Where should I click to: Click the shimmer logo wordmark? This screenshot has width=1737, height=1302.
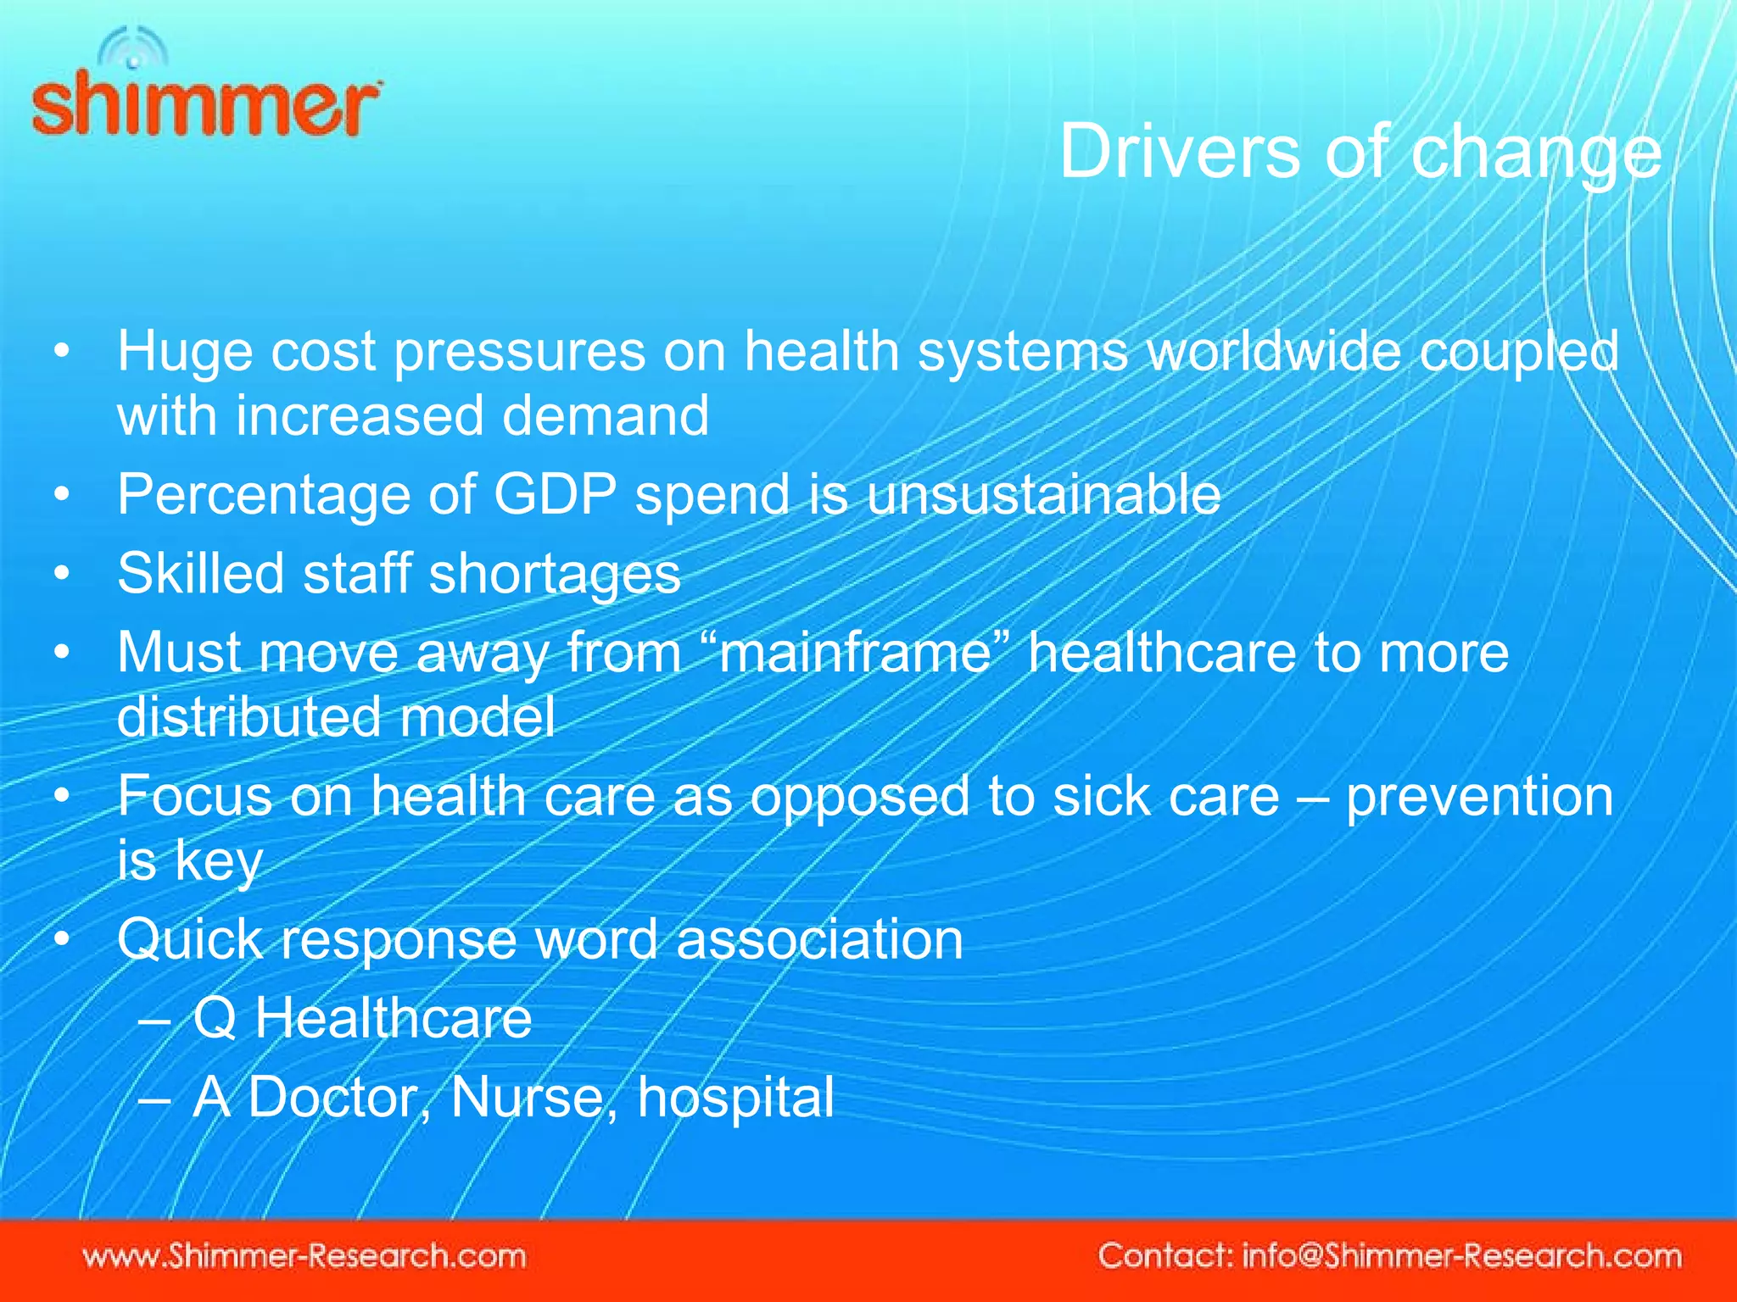tap(206, 105)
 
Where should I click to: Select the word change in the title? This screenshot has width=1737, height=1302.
tap(1536, 154)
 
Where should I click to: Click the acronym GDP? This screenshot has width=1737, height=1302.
tap(555, 494)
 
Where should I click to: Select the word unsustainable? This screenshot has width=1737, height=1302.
tap(1043, 494)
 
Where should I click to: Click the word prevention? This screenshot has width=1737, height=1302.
tap(1479, 797)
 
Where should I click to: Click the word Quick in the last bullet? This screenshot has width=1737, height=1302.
tap(190, 940)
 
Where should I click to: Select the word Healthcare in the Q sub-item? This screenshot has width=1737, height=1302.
tap(393, 1018)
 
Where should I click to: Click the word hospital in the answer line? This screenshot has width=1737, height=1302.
tap(735, 1098)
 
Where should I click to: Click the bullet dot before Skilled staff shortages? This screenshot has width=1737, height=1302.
tap(61, 574)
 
